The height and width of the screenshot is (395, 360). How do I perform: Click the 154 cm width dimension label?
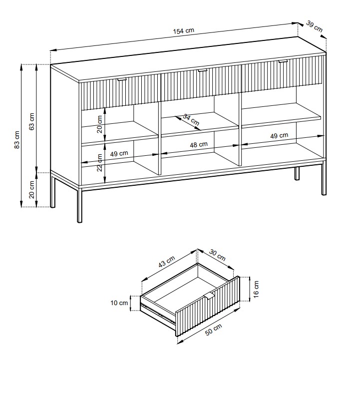183,31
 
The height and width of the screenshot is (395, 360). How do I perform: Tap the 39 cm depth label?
315,26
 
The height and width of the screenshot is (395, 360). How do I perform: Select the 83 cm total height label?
16,141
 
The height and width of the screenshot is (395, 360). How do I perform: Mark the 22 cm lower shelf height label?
100,161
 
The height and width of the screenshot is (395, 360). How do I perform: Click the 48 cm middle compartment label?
199,145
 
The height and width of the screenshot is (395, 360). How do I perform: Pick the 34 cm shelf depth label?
191,120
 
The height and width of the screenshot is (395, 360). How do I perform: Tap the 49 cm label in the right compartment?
279,136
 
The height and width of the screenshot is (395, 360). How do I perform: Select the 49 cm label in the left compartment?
119,154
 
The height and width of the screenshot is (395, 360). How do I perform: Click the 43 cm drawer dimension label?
167,262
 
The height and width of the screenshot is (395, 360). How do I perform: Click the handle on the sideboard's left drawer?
122,79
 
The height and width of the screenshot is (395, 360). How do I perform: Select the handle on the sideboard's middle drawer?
202,71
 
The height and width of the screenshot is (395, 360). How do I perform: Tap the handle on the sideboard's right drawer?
284,62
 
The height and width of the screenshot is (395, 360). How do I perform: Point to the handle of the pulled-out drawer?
210,295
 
